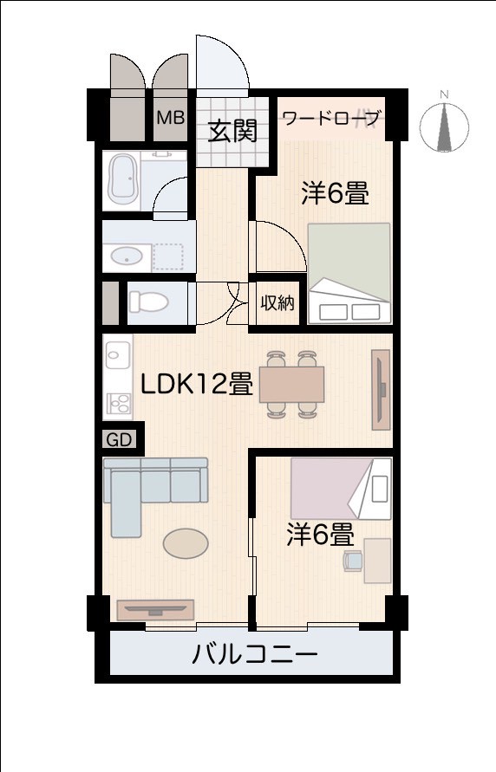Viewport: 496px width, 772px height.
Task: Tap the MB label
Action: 170,117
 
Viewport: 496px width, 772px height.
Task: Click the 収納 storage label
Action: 277,303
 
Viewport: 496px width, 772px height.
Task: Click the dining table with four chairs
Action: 291,382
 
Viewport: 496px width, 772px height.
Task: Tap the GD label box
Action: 120,439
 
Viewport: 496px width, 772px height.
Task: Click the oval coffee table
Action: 186,544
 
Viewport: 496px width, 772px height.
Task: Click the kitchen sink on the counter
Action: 117,354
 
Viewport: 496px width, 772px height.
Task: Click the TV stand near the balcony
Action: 154,610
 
